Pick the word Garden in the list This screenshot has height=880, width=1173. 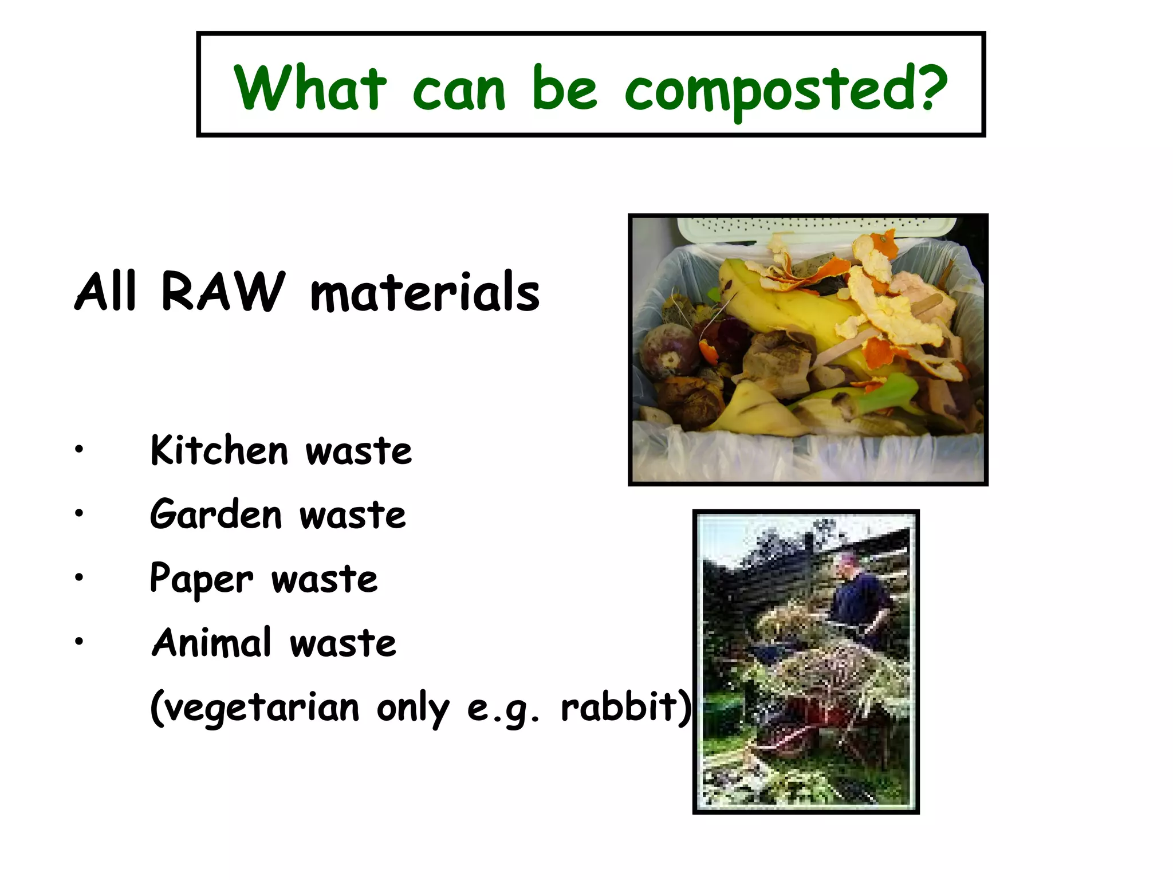coord(216,514)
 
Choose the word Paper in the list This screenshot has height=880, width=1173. coord(201,579)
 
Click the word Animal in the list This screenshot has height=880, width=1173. coord(211,642)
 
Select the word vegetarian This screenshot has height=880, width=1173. coord(255,708)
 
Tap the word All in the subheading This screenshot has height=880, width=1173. coord(106,292)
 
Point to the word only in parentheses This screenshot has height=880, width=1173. coord(413,708)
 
